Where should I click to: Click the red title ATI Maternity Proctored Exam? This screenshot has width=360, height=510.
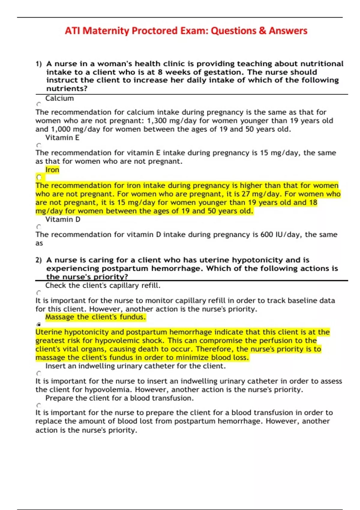tap(186, 31)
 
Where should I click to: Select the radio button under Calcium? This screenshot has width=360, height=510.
tap(39, 104)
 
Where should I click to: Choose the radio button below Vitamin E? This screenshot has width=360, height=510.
tap(39, 145)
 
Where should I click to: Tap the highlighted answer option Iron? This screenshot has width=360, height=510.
tap(52, 170)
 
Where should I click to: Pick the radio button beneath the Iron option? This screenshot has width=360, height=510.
tap(39, 177)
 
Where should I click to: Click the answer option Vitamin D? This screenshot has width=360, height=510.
tap(63, 219)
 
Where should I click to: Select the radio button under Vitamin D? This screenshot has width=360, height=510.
tap(39, 227)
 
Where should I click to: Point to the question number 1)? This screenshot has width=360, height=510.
tap(39, 64)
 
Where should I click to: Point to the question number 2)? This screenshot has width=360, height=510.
tap(39, 260)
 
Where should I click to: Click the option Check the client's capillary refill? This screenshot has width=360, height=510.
tap(103, 285)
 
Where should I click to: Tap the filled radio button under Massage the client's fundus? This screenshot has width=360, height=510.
tap(39, 324)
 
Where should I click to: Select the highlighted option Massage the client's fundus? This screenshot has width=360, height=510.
tap(95, 317)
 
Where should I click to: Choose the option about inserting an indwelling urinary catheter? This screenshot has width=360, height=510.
tap(135, 366)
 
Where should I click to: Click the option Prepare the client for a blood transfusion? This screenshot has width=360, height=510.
tap(119, 398)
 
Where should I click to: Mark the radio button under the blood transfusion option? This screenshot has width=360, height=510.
tap(39, 405)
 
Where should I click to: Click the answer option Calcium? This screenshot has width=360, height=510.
tap(59, 98)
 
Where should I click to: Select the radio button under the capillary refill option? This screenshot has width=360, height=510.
tap(39, 293)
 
